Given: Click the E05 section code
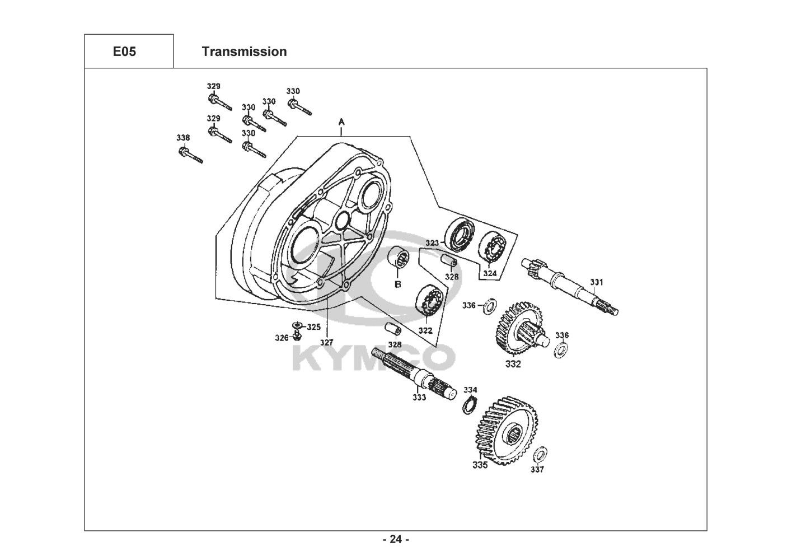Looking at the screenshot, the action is (x=124, y=52).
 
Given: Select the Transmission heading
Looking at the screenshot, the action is (x=245, y=52).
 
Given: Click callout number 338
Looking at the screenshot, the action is (x=183, y=138).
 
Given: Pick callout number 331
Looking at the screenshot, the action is (x=597, y=282).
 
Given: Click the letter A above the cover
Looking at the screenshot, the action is (x=341, y=122).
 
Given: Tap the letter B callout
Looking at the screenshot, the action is (x=398, y=284).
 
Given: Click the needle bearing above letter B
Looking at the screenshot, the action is (x=399, y=261).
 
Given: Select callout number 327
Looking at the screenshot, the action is (x=327, y=342).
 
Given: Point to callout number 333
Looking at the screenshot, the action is (x=419, y=397).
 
